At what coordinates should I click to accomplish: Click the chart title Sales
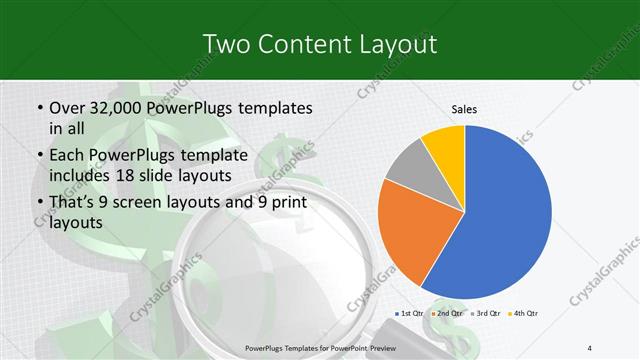click(463, 107)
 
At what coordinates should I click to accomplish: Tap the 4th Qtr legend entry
click(526, 314)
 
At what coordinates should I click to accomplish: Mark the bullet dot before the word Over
click(39, 108)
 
